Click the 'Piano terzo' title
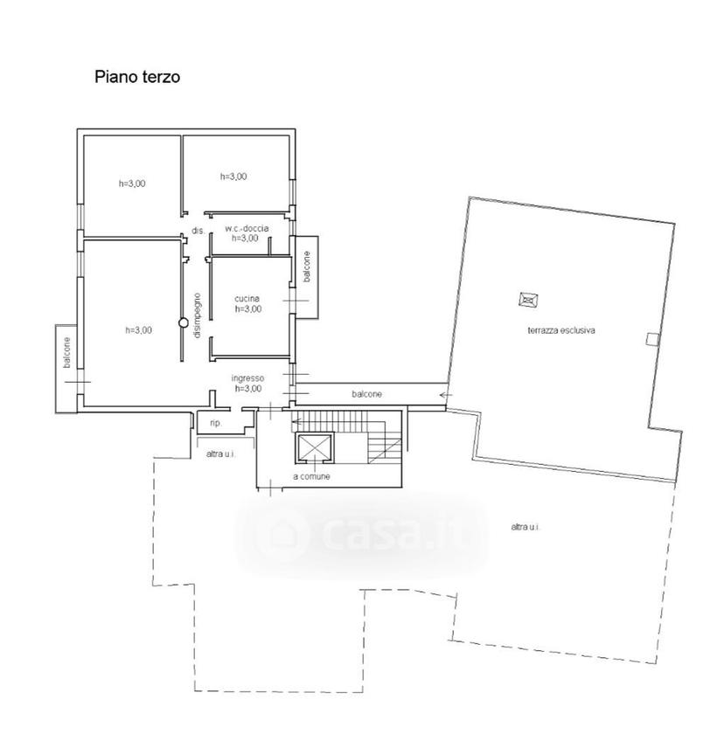pyautogui.click(x=137, y=77)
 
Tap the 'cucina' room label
pyautogui.click(x=247, y=299)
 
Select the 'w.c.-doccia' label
pyautogui.click(x=247, y=228)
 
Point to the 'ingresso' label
pyautogui.click(x=247, y=377)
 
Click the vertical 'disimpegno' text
pyautogui.click(x=197, y=315)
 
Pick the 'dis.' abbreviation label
pyautogui.click(x=198, y=231)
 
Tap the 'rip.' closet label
pyautogui.click(x=216, y=423)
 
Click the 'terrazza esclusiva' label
pyautogui.click(x=561, y=330)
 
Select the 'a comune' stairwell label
pyautogui.click(x=311, y=476)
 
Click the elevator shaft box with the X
pyautogui.click(x=314, y=448)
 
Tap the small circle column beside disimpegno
pyautogui.click(x=184, y=322)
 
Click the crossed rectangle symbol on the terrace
pyautogui.click(x=529, y=299)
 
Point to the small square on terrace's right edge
pyautogui.click(x=652, y=339)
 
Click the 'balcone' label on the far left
pyautogui.click(x=67, y=352)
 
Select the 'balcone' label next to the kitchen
pyautogui.click(x=307, y=267)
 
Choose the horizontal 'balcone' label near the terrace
pyautogui.click(x=366, y=394)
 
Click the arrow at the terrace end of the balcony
pyautogui.click(x=446, y=395)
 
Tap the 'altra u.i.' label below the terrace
pyautogui.click(x=526, y=527)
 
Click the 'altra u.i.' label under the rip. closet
pyautogui.click(x=220, y=454)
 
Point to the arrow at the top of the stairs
pyautogui.click(x=296, y=421)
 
